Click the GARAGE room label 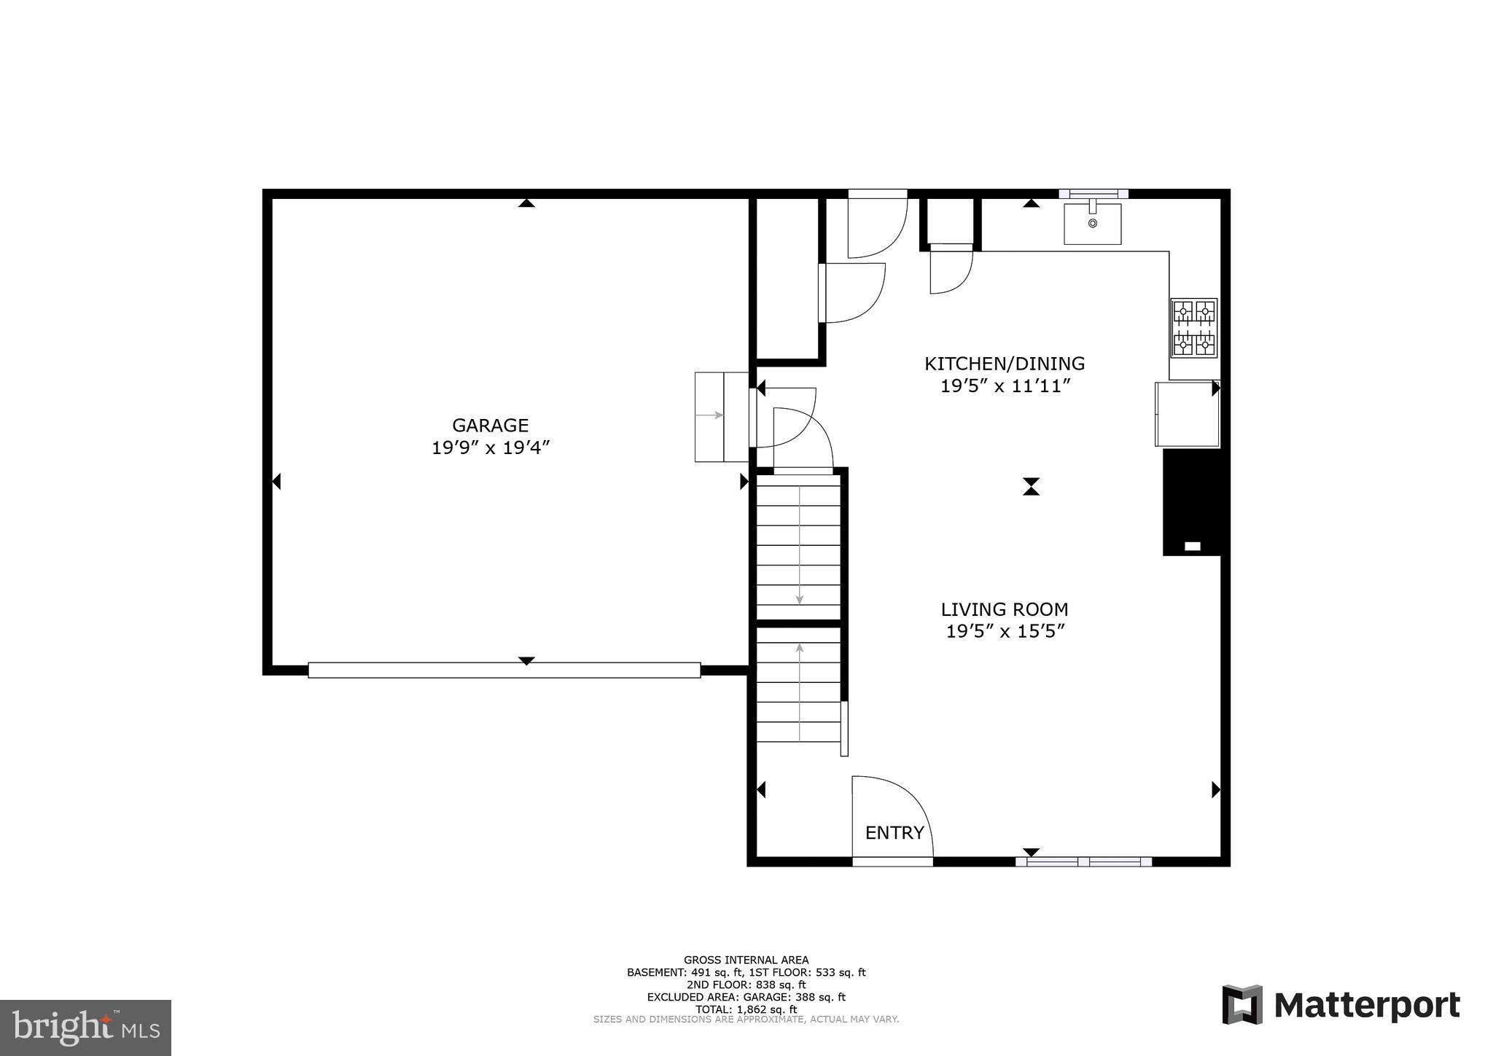click(490, 425)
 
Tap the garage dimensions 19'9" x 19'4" click(490, 447)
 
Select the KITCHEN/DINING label click(1005, 363)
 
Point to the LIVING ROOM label click(1005, 609)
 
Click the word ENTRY click(894, 832)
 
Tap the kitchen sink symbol click(1092, 223)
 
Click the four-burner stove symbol click(1193, 328)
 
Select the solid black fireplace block click(1191, 501)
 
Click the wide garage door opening click(504, 670)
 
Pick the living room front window click(1083, 861)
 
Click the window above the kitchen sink click(1093, 194)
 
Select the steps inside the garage click(721, 416)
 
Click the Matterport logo click(1341, 1005)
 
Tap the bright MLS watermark click(85, 1028)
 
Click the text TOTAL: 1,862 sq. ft click(746, 1009)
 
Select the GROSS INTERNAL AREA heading click(746, 960)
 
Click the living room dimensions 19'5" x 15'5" click(1005, 632)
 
